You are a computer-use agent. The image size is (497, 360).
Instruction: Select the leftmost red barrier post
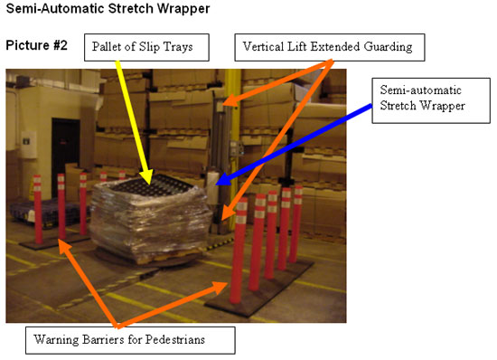coord(38,208)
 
